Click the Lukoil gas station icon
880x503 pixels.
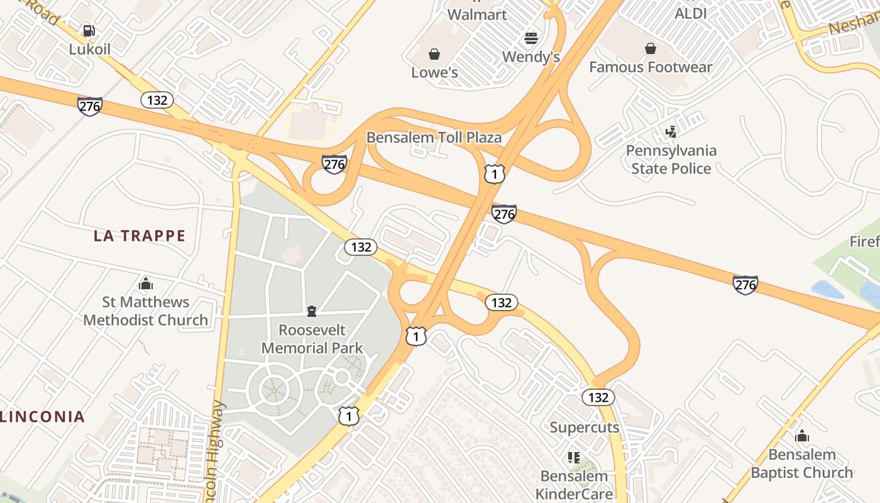tap(89, 30)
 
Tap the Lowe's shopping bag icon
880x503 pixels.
tap(434, 54)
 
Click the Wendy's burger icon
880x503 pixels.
tap(531, 38)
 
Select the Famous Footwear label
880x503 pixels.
tap(651, 67)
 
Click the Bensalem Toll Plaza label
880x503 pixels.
tap(434, 138)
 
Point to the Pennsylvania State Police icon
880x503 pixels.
tap(671, 132)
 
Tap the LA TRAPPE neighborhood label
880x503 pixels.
tap(140, 236)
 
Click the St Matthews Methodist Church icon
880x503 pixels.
tap(146, 284)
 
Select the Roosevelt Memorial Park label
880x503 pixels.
tap(312, 339)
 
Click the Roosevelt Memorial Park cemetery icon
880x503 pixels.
tap(311, 311)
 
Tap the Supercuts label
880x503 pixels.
tap(585, 428)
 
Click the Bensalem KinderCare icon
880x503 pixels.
tap(573, 457)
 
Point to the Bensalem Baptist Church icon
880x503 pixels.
tap(802, 436)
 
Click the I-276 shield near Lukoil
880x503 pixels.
tap(90, 106)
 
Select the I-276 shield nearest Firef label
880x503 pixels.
tap(745, 285)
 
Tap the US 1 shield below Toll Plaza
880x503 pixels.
tap(495, 174)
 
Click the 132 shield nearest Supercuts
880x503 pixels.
tap(598, 397)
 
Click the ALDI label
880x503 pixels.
tap(691, 13)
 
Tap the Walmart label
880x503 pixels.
tap(477, 14)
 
